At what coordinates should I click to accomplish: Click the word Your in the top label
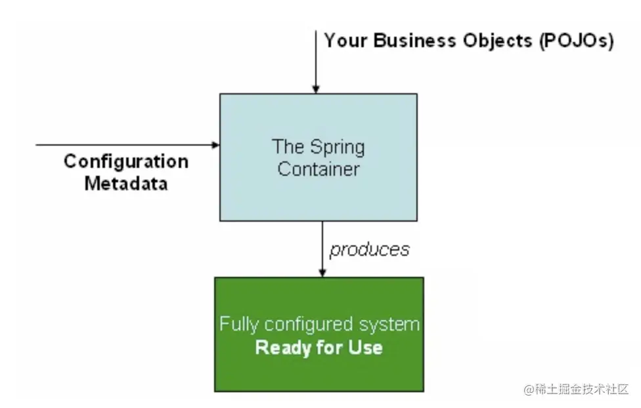tap(345, 41)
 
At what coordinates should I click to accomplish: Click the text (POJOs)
tap(577, 41)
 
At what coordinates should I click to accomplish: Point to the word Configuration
tap(126, 162)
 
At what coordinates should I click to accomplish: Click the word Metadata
tap(126, 184)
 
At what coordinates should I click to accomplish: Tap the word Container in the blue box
tap(319, 169)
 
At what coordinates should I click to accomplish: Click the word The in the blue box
tap(288, 146)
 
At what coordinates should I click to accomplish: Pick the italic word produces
tap(370, 250)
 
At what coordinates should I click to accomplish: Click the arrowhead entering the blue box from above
tap(316, 89)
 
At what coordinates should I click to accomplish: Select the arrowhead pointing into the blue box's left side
tap(215, 145)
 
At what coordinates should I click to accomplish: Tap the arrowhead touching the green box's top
tap(322, 273)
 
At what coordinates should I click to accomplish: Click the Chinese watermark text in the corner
tap(576, 389)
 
